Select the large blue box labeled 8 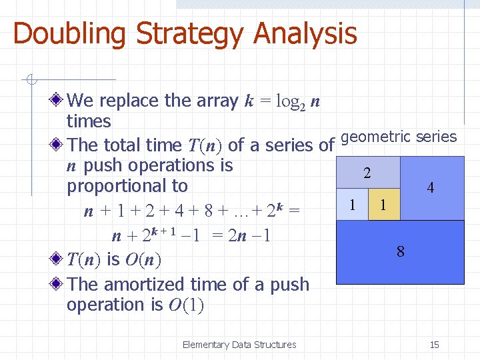pos(400,252)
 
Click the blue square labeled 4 pos(431,188)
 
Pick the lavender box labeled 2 pos(367,173)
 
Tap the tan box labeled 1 pos(383,205)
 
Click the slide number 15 pos(434,345)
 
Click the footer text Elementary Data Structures pos(239,345)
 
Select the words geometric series pos(399,137)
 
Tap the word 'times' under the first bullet pos(89,121)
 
